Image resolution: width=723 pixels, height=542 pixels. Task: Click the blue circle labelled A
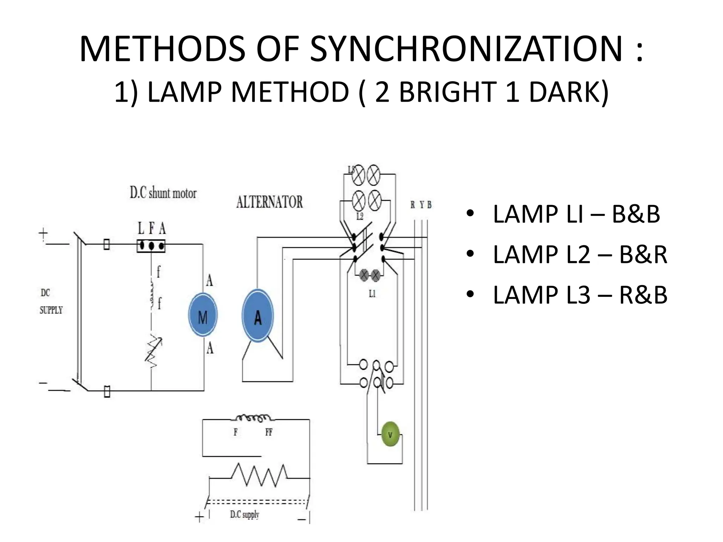[x=258, y=315]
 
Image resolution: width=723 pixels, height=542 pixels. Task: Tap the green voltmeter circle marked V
[x=390, y=435]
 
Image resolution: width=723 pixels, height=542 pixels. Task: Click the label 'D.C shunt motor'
[x=163, y=193]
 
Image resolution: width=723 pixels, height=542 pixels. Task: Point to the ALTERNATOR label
[x=269, y=202]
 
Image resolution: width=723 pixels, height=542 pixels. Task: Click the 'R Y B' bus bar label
[x=421, y=205]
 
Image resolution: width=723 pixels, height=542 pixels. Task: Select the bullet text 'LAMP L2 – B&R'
[x=580, y=255]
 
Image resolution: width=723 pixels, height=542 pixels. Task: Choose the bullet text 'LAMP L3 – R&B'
[x=580, y=295]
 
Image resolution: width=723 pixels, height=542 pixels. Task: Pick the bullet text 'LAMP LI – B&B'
[x=576, y=214]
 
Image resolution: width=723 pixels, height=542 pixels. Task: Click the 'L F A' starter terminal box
[x=151, y=246]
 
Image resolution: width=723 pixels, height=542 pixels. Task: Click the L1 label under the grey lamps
[x=372, y=294]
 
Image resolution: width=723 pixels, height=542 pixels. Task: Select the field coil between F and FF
[x=253, y=418]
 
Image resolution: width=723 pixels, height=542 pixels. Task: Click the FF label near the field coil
[x=269, y=432]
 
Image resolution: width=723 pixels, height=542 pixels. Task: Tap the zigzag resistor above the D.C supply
[x=259, y=475]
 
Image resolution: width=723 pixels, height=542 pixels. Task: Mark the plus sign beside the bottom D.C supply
[x=199, y=517]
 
